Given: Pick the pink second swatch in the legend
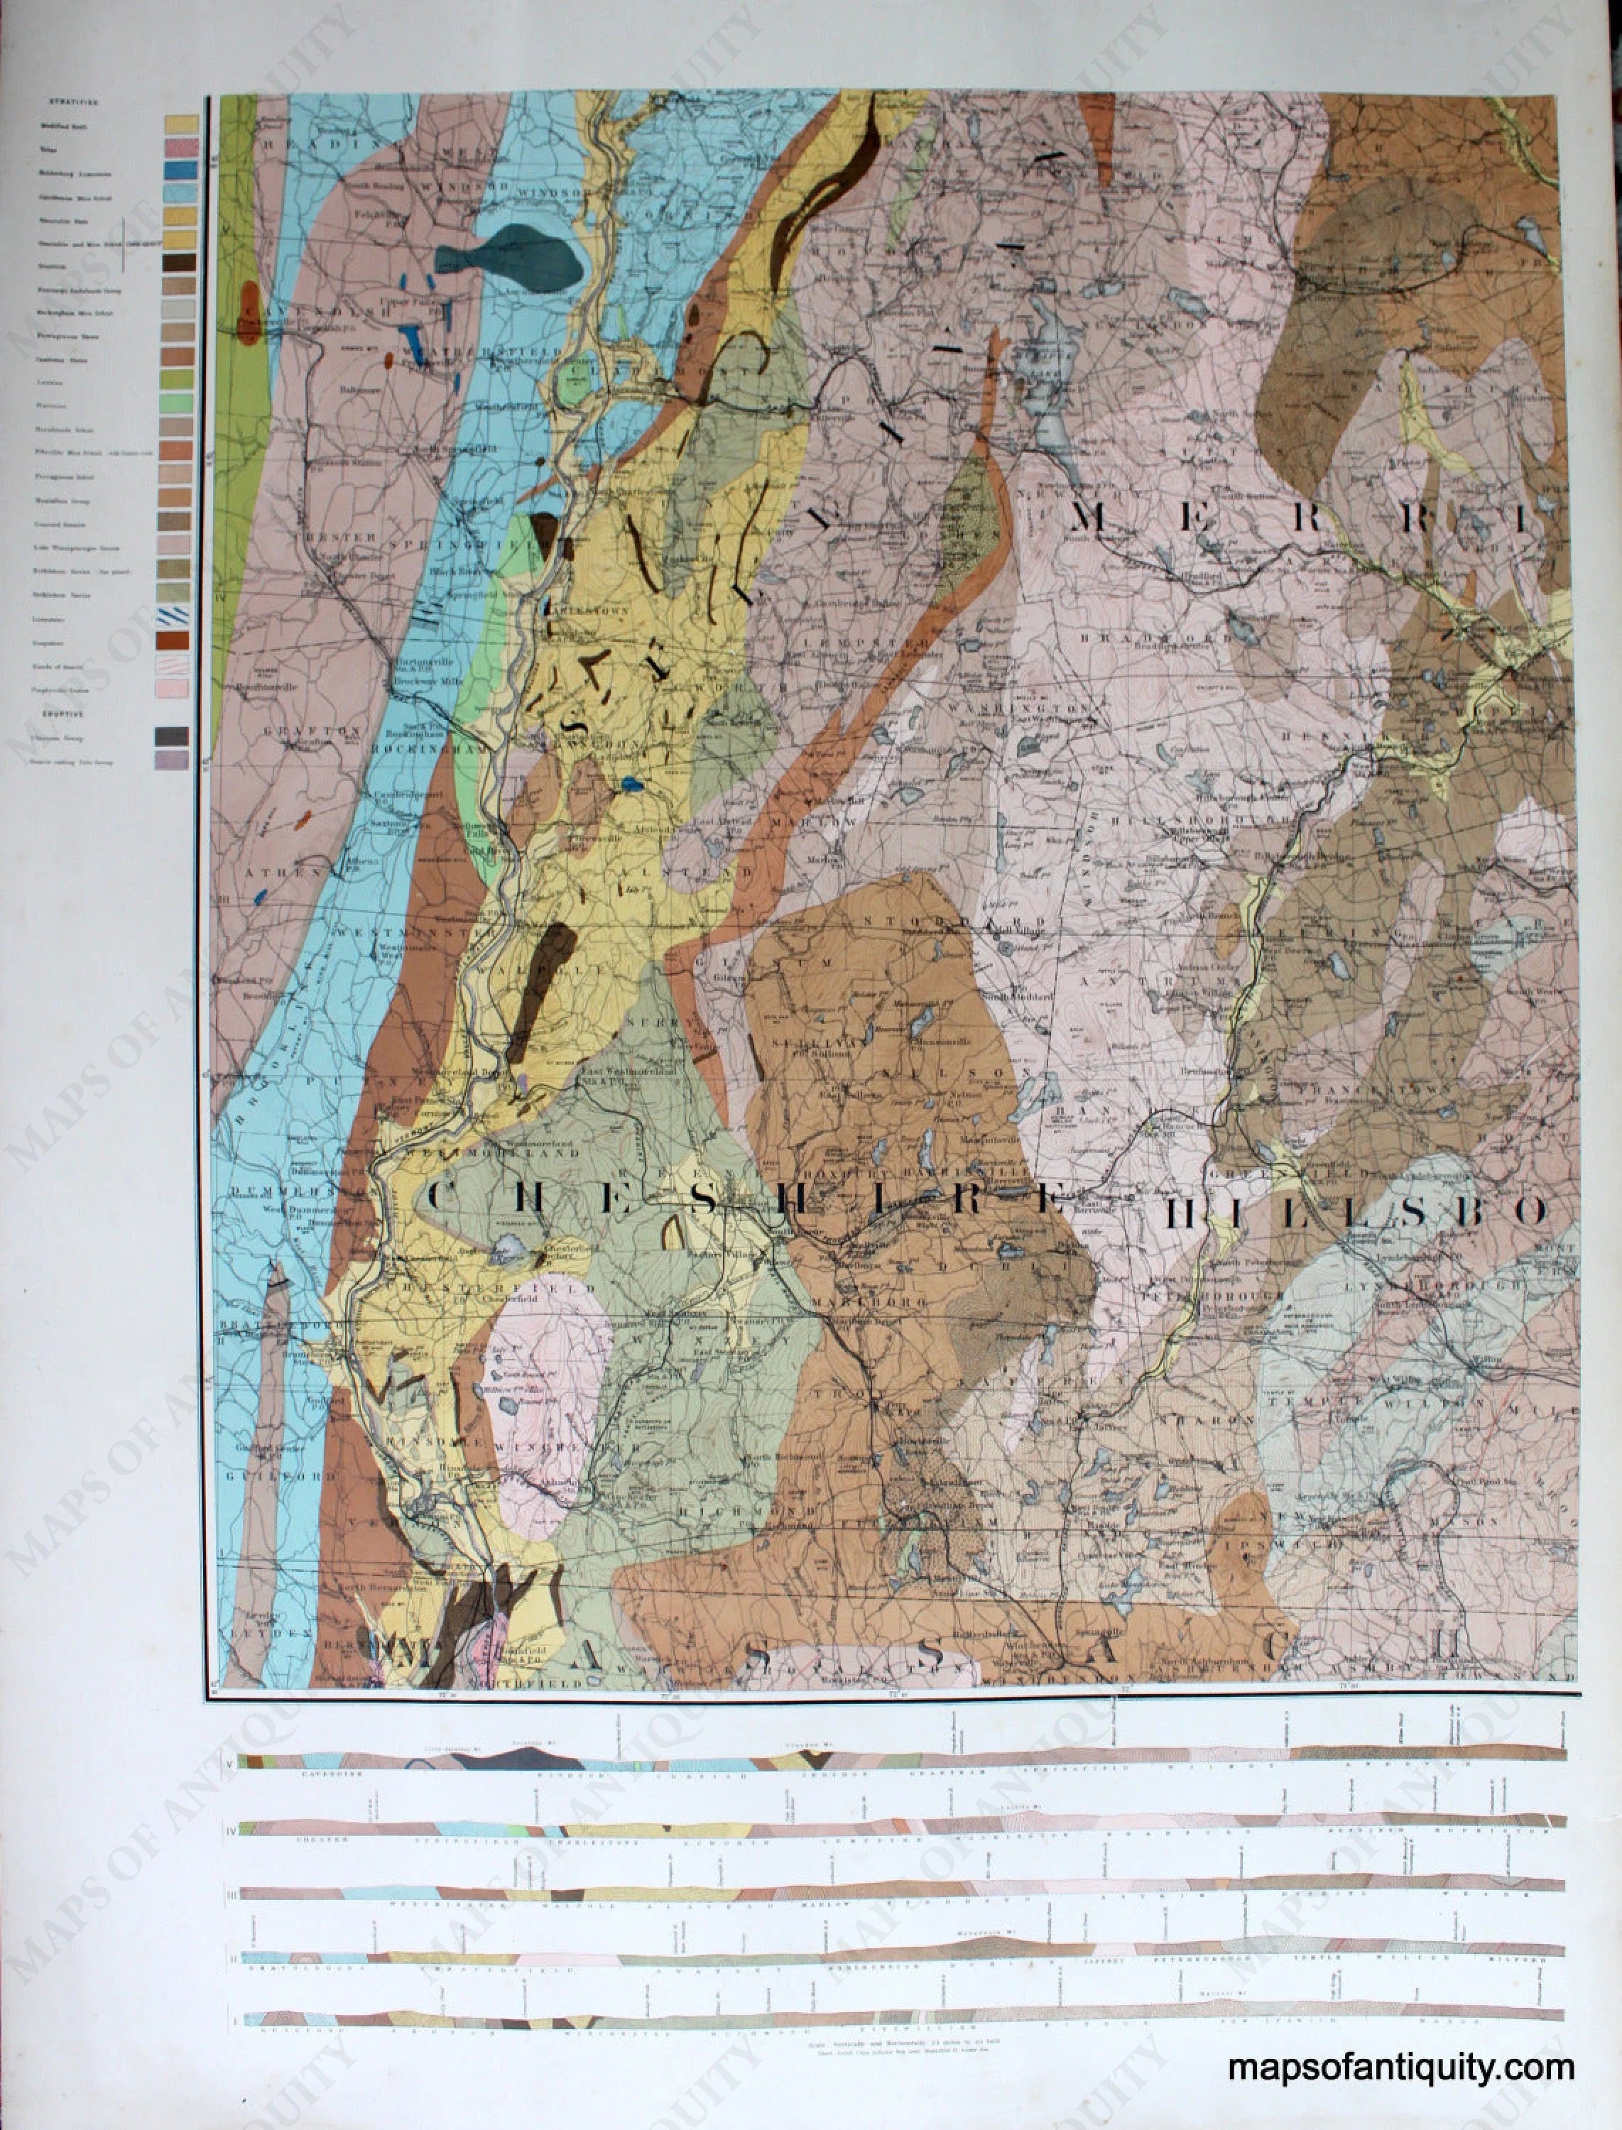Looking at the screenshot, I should pyautogui.click(x=182, y=147).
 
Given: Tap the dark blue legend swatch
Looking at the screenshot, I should pyautogui.click(x=182, y=170).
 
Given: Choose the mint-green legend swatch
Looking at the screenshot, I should pyautogui.click(x=182, y=403).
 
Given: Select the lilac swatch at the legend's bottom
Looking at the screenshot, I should pyautogui.click(x=172, y=760).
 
